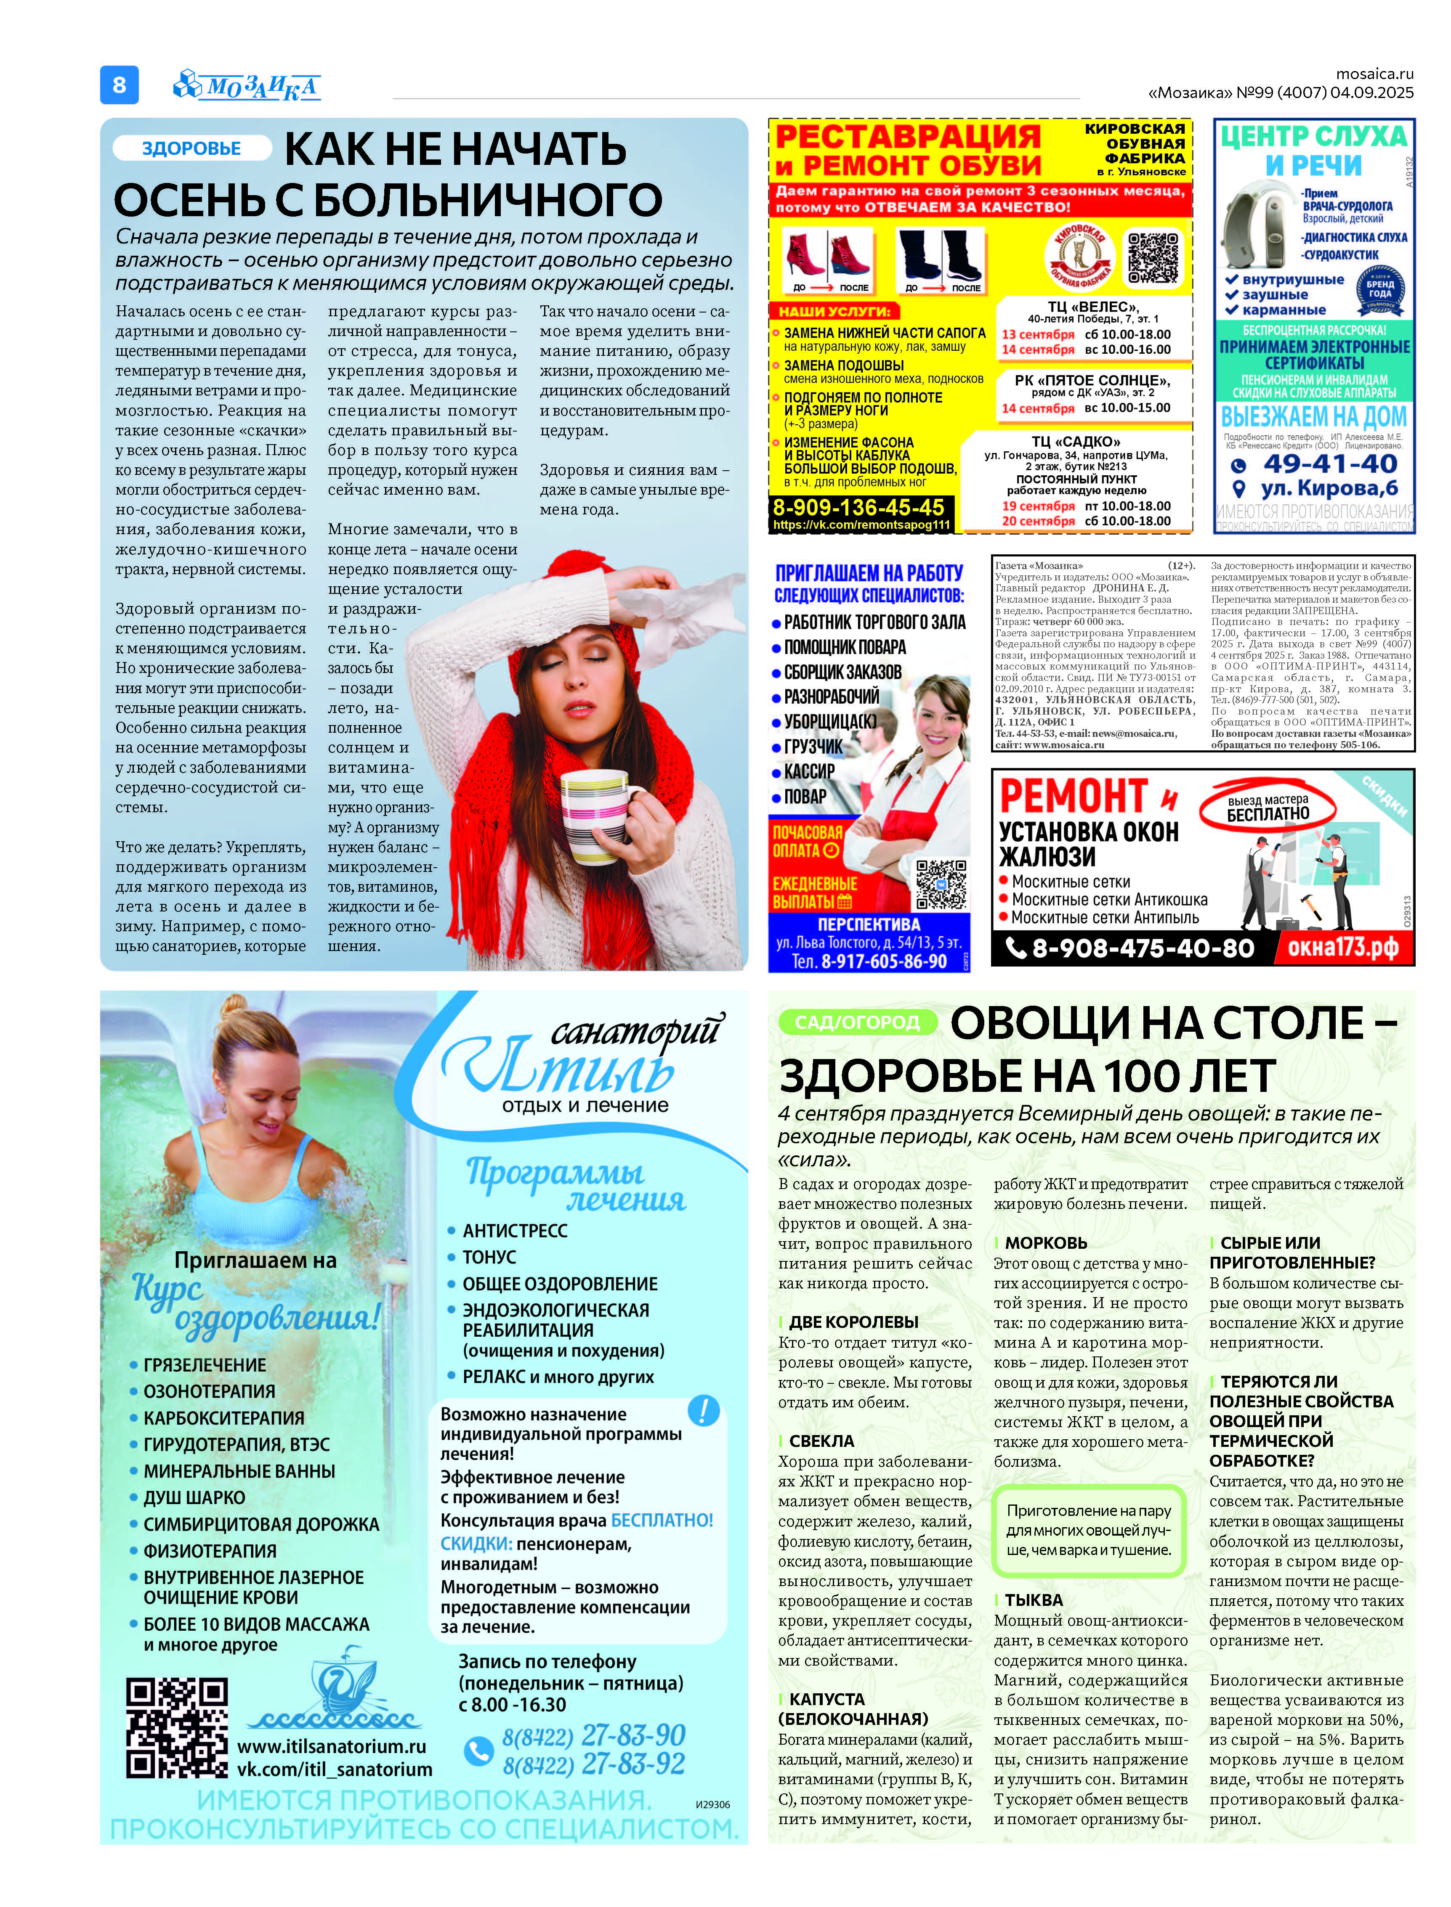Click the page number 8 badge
119,85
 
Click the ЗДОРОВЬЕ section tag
191,148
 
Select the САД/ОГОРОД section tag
857,1022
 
